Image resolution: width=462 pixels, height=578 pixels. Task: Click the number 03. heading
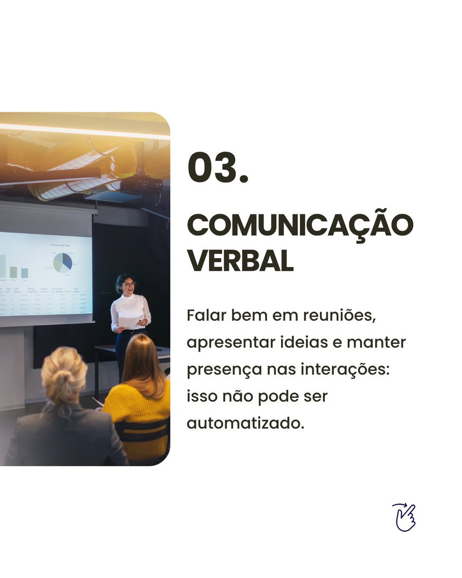tap(218, 168)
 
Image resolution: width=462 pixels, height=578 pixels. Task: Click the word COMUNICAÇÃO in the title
tap(300, 225)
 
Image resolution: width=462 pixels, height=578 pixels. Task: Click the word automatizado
tap(245, 424)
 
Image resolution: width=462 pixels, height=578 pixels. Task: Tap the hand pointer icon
tap(404, 517)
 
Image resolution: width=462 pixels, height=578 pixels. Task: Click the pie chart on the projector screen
tap(63, 263)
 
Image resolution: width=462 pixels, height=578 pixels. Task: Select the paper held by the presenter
tap(130, 322)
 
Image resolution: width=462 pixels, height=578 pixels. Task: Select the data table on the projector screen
tap(46, 301)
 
